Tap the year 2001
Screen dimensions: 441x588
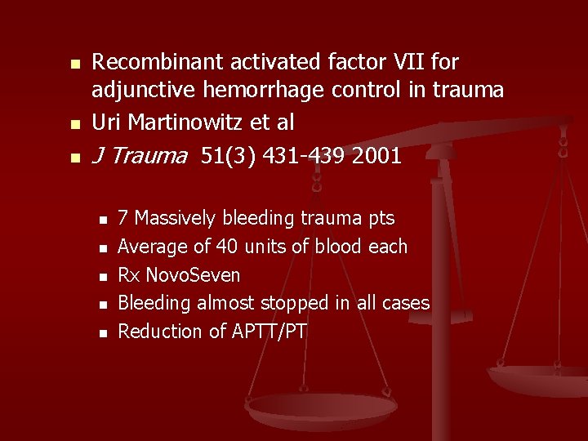(x=377, y=155)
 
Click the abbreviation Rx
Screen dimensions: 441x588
(x=128, y=274)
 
